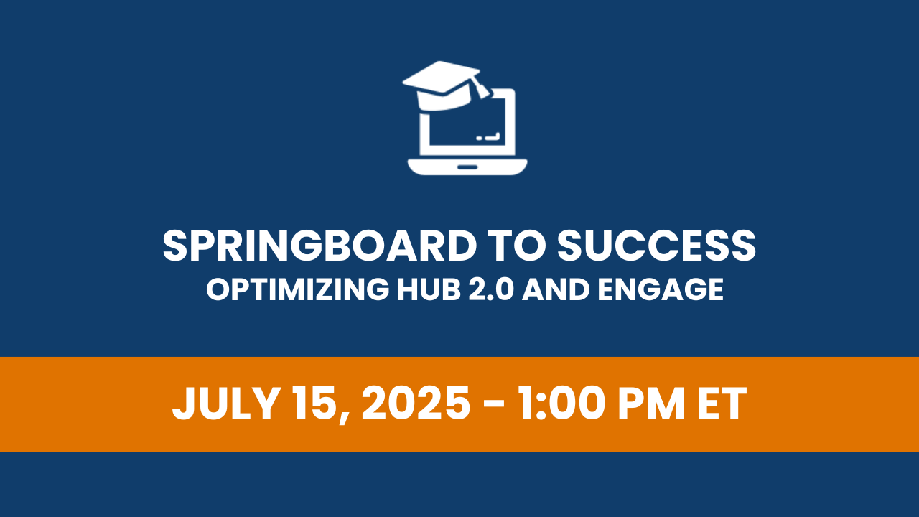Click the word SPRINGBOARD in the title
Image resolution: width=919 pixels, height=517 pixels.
pyautogui.click(x=319, y=246)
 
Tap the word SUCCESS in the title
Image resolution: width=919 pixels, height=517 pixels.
pyautogui.click(x=656, y=246)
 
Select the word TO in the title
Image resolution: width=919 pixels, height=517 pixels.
pyautogui.click(x=517, y=246)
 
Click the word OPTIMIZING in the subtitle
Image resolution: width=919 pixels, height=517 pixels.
pyautogui.click(x=297, y=289)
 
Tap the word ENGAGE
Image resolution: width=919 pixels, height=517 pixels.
pyautogui.click(x=661, y=289)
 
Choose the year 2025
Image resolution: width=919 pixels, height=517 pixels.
pyautogui.click(x=416, y=404)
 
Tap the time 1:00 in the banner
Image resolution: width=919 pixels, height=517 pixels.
pyautogui.click(x=562, y=404)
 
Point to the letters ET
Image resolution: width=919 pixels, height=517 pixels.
pyautogui.click(x=722, y=404)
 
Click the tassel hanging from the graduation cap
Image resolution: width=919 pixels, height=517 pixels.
pyautogui.click(x=480, y=88)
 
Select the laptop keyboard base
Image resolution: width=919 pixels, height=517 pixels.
pyautogui.click(x=467, y=167)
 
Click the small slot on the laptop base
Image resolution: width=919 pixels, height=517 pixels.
pyautogui.click(x=467, y=167)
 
